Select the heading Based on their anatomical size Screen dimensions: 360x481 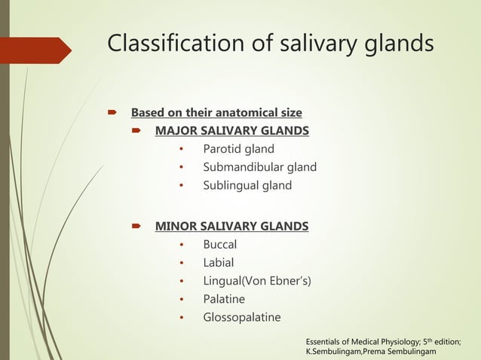pos(216,113)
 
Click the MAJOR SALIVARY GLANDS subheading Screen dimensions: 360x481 pos(231,131)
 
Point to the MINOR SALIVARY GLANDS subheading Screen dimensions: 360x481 pos(231,226)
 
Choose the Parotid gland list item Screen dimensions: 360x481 pos(238,149)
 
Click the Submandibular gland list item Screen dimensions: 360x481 pos(259,167)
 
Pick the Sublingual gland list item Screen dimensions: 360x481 pos(247,185)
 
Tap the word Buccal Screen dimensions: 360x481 pos(219,245)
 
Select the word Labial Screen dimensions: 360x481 pos(218,263)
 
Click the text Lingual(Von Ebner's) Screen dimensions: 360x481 pos(256,281)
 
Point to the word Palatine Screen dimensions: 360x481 pos(224,299)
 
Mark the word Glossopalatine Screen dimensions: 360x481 pos(241,317)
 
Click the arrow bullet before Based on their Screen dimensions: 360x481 pos(112,114)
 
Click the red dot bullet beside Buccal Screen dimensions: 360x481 pos(182,246)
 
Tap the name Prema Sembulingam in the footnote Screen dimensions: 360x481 pos(408,352)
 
